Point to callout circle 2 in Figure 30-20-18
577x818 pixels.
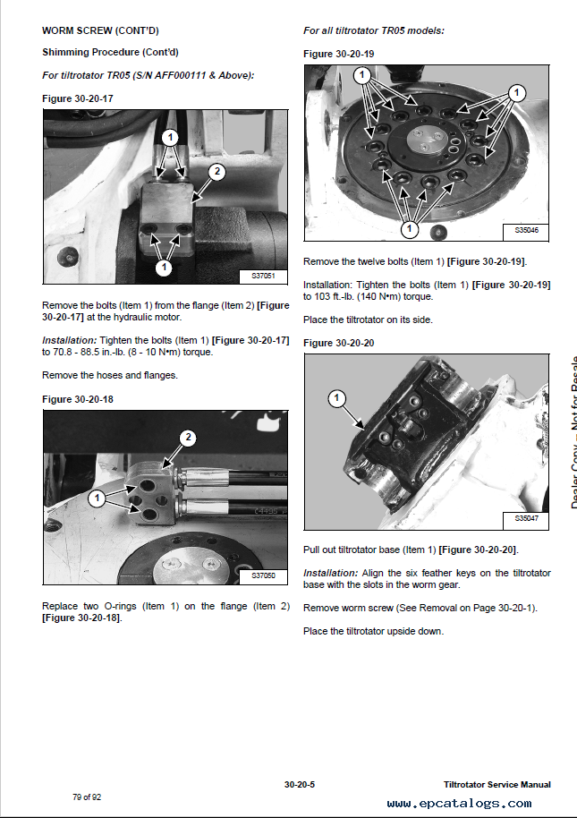pyautogui.click(x=188, y=438)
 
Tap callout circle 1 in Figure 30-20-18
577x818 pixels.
pyautogui.click(x=96, y=496)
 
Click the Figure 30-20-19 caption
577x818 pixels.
pyautogui.click(x=339, y=55)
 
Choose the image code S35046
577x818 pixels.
pyautogui.click(x=527, y=231)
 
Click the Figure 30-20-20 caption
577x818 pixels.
pyautogui.click(x=339, y=343)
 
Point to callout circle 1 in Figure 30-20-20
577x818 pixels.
pyautogui.click(x=336, y=397)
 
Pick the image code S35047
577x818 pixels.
pyautogui.click(x=527, y=519)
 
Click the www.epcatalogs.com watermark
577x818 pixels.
pyautogui.click(x=459, y=803)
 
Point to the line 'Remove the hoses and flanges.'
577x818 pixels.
pyautogui.click(x=110, y=375)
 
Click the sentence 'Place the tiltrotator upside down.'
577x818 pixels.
pyautogui.click(x=373, y=631)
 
